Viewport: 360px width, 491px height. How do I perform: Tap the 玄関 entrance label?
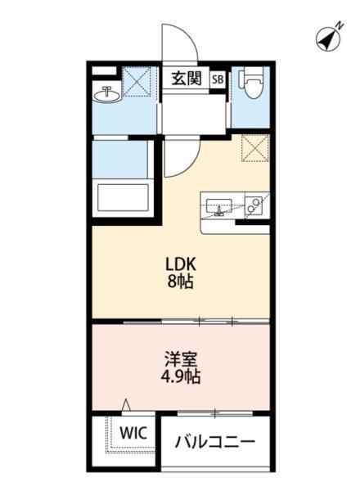186,79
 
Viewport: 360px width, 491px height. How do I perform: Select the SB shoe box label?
218,79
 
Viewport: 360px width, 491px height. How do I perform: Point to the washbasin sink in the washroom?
106,95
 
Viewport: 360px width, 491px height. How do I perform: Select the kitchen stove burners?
254,205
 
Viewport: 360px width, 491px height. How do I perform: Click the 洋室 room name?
181,359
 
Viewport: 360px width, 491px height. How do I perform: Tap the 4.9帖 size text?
181,377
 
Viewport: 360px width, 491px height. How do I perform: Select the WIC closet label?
132,432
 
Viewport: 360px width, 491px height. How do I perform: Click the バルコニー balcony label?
215,442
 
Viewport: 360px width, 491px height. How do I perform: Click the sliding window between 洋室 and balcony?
214,411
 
